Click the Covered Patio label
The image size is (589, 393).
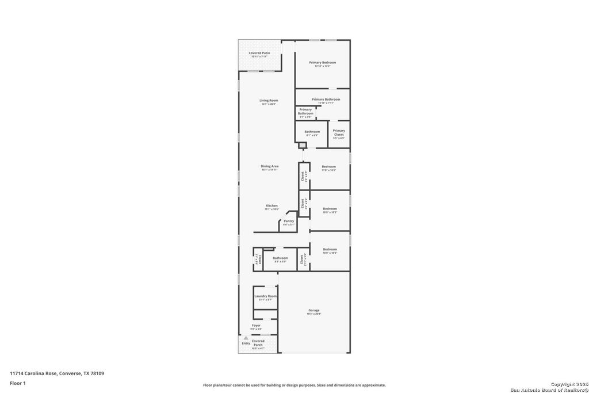(259, 53)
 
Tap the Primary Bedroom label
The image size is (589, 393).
(322, 63)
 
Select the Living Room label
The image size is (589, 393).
(269, 101)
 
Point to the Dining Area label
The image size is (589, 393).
(269, 166)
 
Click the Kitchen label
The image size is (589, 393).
(271, 205)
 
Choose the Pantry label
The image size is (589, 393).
(288, 221)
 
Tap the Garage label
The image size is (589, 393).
(313, 311)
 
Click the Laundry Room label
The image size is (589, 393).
(265, 296)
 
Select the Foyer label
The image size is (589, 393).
(256, 326)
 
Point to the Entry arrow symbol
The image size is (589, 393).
(246, 338)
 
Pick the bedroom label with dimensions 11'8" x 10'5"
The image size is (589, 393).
(328, 167)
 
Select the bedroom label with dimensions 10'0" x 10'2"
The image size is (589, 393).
(330, 209)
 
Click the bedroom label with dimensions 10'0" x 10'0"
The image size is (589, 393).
(330, 250)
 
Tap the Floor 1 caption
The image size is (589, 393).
(17, 382)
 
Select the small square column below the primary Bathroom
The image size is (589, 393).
(302, 145)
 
